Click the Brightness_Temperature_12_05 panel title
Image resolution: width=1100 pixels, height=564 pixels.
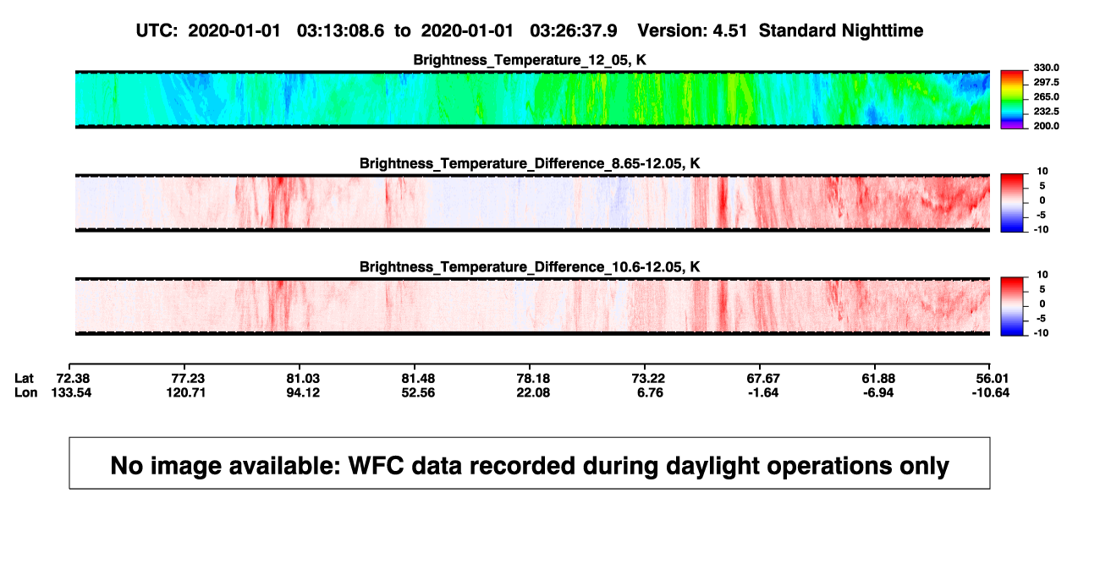[530, 60]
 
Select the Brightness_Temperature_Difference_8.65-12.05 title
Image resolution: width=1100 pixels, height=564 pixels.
[530, 163]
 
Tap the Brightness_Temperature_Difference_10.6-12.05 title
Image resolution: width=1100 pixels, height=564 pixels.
[530, 267]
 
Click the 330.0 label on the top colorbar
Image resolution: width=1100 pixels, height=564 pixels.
[1046, 68]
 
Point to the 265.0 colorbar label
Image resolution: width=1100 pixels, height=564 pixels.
[1046, 96]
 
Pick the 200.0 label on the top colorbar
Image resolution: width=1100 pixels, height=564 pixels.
[1046, 126]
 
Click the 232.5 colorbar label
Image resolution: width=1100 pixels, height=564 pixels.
[1046, 112]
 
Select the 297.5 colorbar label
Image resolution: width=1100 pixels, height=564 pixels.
[1046, 82]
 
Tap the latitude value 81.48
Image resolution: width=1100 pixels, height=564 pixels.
[418, 379]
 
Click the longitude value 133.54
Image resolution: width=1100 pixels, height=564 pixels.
[71, 392]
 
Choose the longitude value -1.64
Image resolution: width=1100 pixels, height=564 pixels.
[763, 392]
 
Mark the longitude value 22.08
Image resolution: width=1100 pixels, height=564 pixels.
[533, 392]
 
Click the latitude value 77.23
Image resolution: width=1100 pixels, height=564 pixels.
[188, 379]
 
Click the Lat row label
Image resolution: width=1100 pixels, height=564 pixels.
[24, 379]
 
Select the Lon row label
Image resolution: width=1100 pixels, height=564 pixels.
[25, 392]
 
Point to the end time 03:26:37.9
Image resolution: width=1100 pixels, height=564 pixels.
[573, 31]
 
